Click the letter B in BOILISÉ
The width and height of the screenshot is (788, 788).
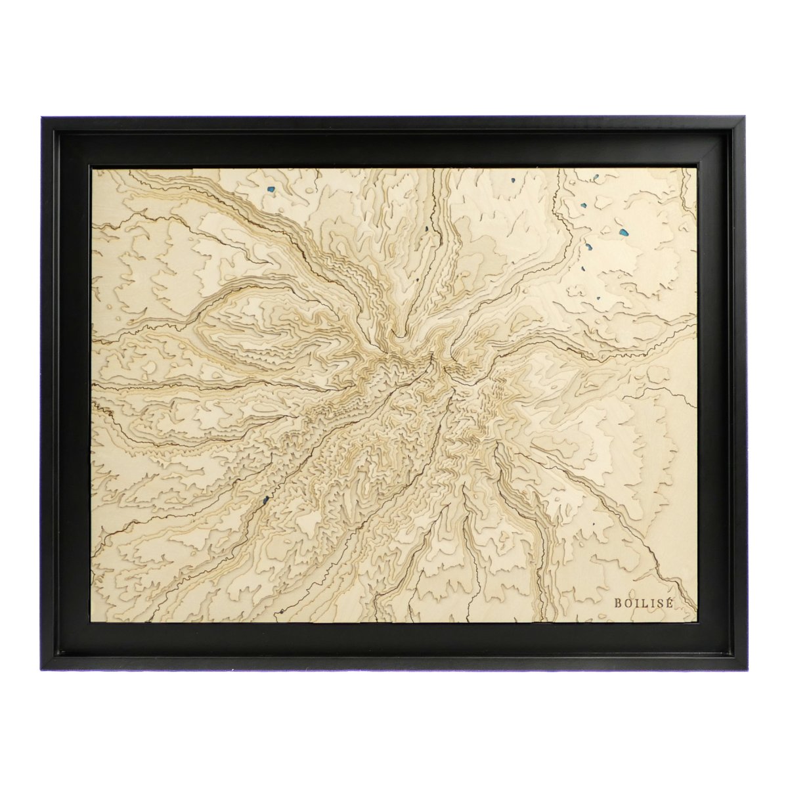coord(618,602)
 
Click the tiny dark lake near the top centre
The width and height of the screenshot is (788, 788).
coord(426,229)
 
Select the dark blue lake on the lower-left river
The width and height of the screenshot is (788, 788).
coord(265,502)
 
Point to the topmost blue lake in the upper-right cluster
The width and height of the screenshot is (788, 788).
coord(594,176)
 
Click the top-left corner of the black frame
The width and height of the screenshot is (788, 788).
coord(42,118)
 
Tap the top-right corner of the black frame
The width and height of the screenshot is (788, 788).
coord(747,118)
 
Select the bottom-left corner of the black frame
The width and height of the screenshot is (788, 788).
coord(42,669)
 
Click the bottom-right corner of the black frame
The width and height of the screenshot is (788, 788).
coord(747,669)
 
